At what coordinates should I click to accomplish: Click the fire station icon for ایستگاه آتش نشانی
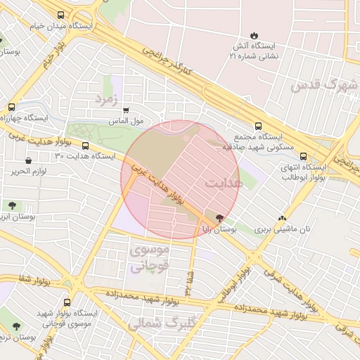[253, 35]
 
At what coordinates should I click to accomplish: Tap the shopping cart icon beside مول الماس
[126, 110]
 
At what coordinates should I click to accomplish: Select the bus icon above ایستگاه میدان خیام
[60, 15]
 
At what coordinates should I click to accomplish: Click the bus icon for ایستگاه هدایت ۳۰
[86, 146]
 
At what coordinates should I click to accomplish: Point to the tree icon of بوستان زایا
[220, 218]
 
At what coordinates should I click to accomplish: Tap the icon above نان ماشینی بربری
[282, 218]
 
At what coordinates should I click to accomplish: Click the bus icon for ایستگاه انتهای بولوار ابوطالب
[304, 156]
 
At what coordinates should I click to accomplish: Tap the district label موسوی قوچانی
[149, 257]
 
